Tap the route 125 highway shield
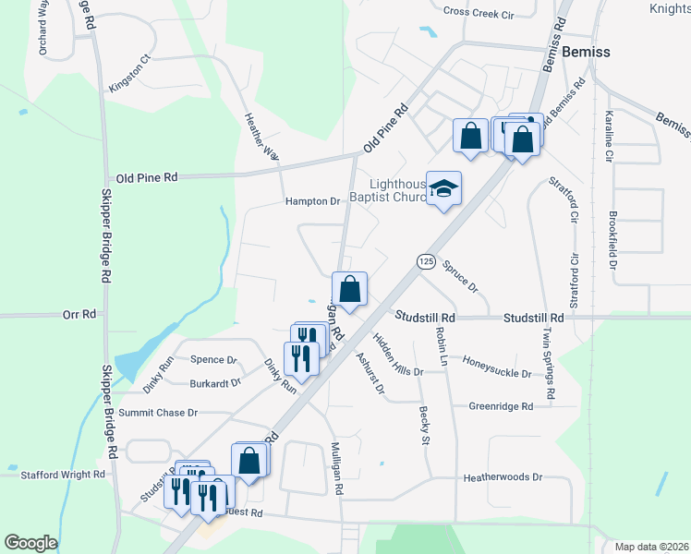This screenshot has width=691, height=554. point(425,262)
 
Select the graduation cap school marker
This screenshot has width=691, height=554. point(443,189)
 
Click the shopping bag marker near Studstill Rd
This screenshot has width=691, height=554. point(350,290)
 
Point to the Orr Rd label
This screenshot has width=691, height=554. point(79,315)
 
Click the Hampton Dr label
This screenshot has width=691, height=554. point(313,201)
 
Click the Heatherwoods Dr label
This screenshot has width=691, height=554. point(503,477)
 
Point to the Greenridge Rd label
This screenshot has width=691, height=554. point(501,406)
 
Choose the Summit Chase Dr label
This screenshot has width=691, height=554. point(158,412)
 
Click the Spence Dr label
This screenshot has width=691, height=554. point(213,360)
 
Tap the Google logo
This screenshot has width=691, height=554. point(30,543)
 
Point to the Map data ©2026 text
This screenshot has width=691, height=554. point(651,547)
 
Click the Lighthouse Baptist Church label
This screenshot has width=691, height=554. point(386,190)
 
